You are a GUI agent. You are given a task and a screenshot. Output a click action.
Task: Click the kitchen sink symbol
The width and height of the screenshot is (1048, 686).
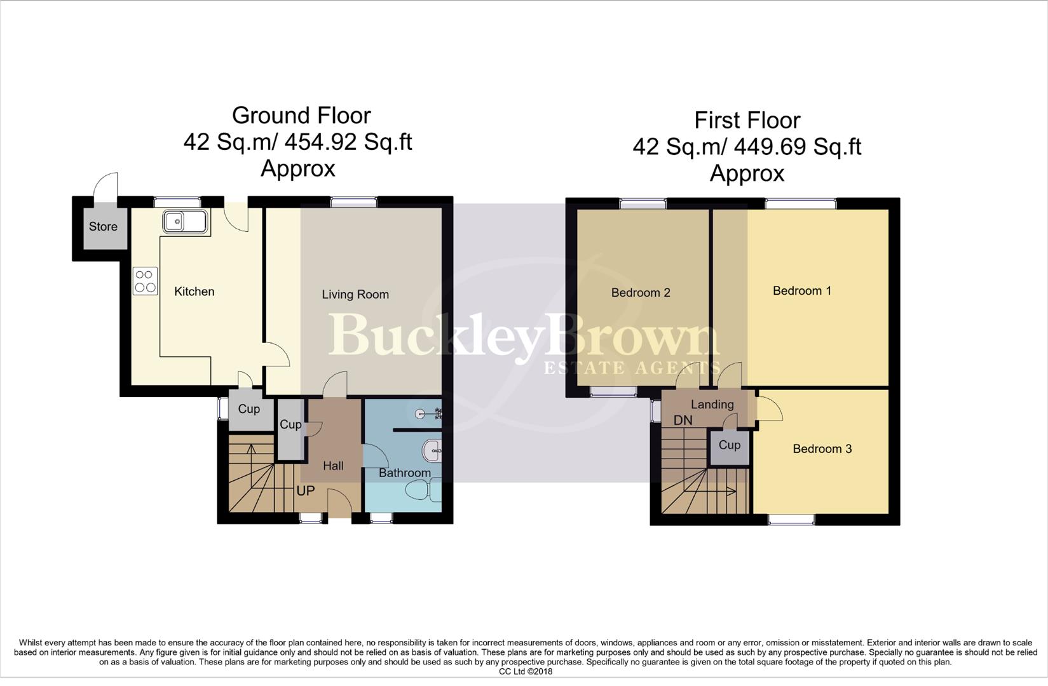point(186,222)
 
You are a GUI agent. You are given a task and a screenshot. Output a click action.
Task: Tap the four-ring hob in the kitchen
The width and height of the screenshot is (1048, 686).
point(146,281)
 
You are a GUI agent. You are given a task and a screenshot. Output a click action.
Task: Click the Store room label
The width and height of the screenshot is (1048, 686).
point(103,227)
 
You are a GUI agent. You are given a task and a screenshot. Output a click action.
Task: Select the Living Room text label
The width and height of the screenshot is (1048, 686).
point(355,295)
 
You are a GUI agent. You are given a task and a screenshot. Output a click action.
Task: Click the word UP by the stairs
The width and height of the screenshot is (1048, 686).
point(306,491)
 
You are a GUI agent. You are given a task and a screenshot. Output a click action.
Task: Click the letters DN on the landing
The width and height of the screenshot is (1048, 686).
point(683,420)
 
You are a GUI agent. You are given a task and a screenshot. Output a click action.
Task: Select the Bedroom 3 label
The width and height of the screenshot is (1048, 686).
point(822,449)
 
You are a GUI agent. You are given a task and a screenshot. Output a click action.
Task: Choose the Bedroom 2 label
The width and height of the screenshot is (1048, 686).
point(641,293)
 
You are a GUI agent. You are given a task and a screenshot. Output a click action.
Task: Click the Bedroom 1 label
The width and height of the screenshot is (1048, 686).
point(801,291)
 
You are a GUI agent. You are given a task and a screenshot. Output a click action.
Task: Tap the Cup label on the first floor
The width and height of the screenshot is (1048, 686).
point(729,445)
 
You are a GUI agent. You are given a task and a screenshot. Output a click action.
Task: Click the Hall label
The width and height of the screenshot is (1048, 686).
point(333,466)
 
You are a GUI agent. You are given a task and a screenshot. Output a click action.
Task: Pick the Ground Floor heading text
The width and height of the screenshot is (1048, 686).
point(301,116)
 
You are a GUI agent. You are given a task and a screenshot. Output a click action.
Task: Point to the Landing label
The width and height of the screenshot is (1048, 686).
point(712,405)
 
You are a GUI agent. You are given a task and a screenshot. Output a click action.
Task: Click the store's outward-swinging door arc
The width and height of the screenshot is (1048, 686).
point(105,184)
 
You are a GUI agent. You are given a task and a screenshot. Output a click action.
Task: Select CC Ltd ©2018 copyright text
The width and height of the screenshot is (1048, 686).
point(525,671)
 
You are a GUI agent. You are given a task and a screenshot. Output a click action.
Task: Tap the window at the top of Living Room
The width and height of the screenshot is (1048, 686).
point(354,202)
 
